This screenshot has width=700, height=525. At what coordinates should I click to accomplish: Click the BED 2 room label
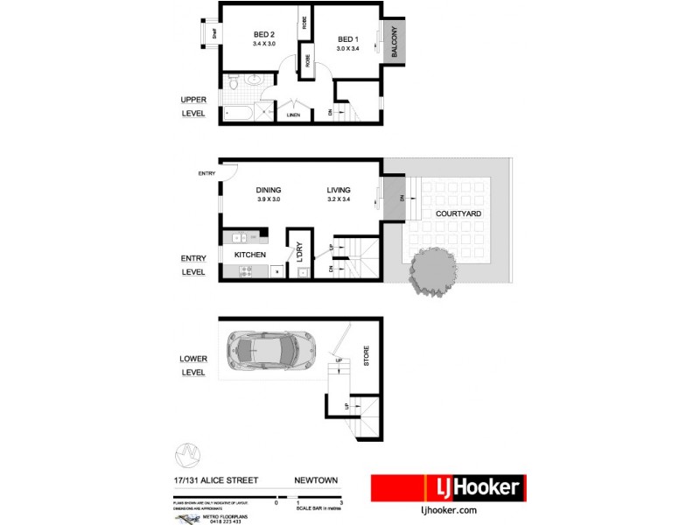263,35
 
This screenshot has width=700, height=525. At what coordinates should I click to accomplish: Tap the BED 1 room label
348,39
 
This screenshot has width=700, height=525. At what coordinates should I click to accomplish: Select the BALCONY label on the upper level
395,43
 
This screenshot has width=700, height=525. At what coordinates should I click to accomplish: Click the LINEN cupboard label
293,115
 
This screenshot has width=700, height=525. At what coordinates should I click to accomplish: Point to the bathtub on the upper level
238,114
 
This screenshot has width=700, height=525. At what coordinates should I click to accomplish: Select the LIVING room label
339,190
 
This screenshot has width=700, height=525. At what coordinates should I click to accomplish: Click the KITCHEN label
249,255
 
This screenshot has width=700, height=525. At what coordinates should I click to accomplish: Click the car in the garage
269,351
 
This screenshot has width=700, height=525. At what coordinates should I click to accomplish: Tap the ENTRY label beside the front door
206,173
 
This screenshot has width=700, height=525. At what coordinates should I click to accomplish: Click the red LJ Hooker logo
447,487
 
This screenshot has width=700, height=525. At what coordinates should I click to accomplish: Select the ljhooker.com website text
447,509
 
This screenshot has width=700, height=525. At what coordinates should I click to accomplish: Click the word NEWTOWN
315,479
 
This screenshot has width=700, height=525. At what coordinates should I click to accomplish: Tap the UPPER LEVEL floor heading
193,105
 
